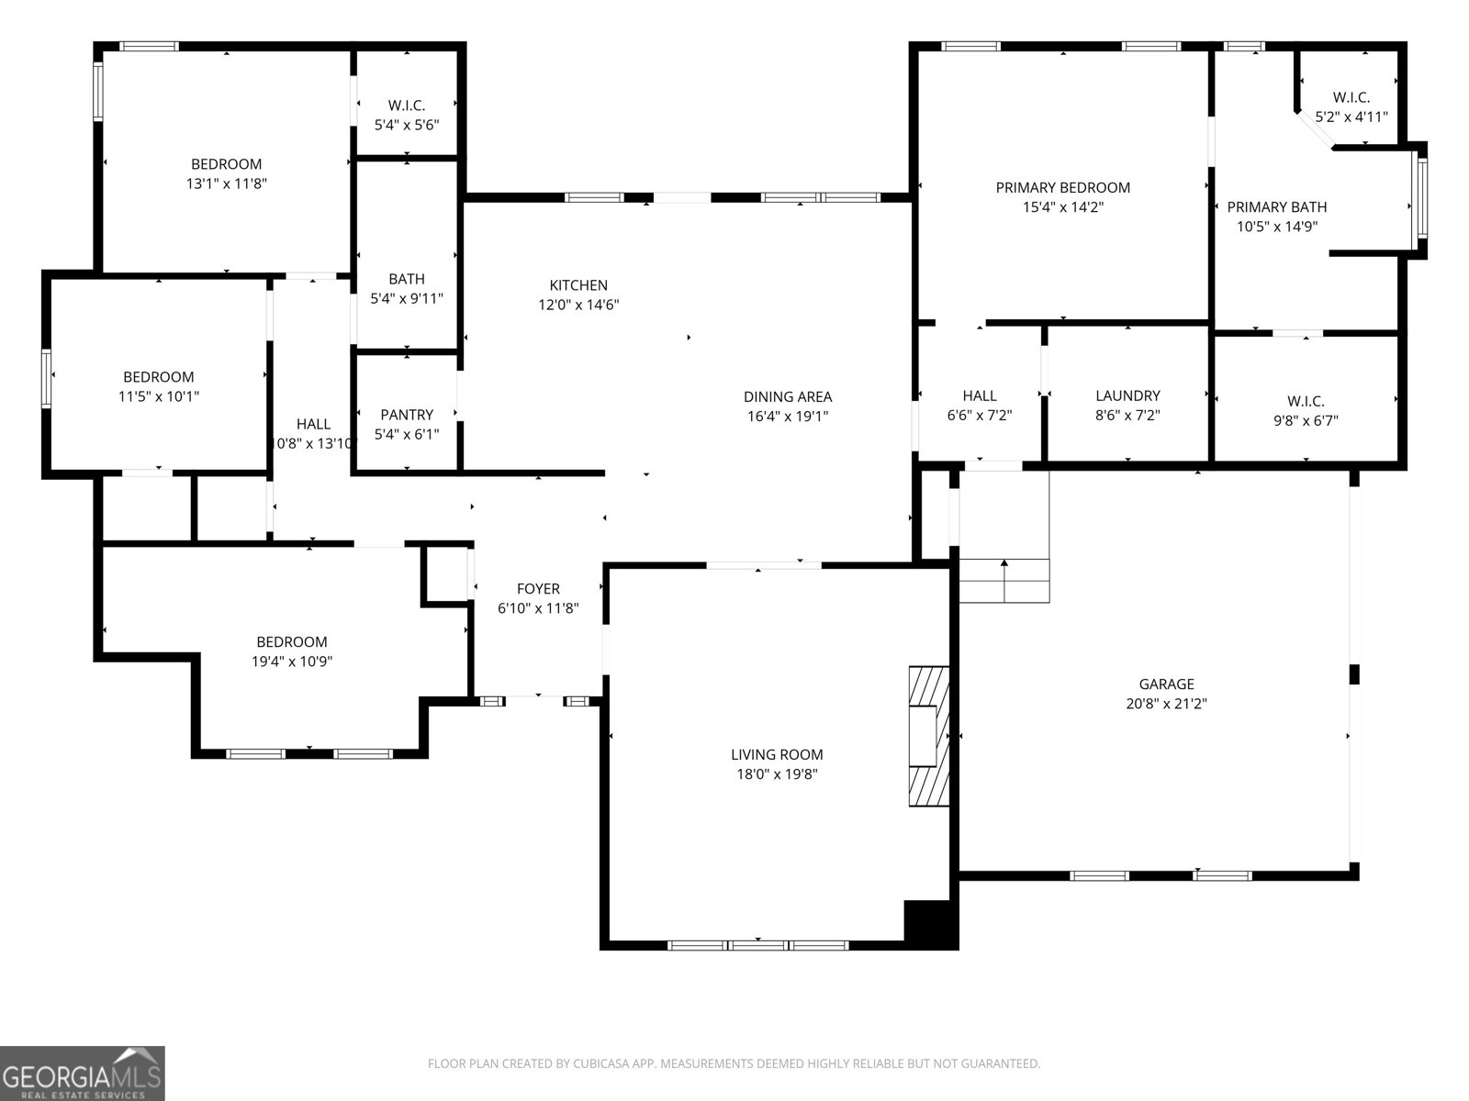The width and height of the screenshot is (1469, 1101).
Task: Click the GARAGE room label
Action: click(x=1166, y=684)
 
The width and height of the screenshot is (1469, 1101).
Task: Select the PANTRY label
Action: click(x=407, y=415)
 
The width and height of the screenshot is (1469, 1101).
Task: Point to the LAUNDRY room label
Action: click(x=1127, y=395)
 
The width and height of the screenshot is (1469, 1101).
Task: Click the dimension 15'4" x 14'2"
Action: click(x=1063, y=207)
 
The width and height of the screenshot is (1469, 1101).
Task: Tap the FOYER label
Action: click(x=538, y=589)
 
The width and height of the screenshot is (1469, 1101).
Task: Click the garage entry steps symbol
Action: click(x=1004, y=580)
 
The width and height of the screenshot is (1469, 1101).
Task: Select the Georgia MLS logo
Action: click(x=83, y=1073)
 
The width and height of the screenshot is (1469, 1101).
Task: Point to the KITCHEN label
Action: click(x=578, y=285)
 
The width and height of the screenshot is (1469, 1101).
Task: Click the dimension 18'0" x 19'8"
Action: click(x=777, y=774)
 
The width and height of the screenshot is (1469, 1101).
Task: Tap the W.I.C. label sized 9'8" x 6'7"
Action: click(x=1306, y=401)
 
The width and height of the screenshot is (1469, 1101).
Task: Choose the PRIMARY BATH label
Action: click(x=1277, y=207)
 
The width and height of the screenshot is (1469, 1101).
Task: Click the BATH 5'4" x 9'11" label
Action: click(x=407, y=279)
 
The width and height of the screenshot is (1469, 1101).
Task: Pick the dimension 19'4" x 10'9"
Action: click(x=292, y=662)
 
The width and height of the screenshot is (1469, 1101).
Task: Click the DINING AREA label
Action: click(x=788, y=396)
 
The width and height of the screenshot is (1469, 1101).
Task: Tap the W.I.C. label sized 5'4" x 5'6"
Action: click(x=407, y=106)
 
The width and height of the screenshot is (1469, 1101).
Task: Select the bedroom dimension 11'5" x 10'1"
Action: click(x=159, y=396)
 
